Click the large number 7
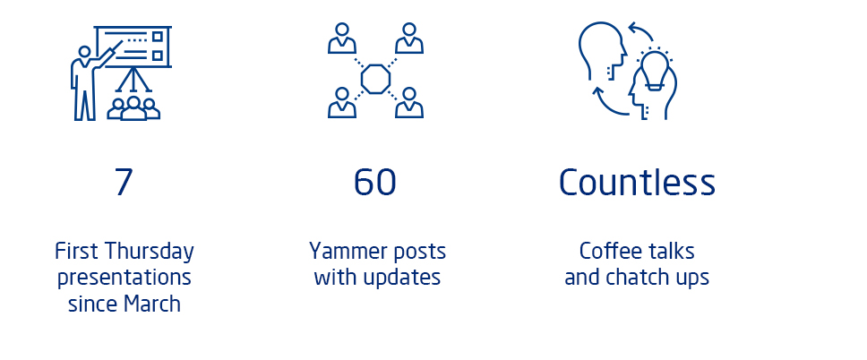coord(124,182)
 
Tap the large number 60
coord(375,183)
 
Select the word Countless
coord(637,182)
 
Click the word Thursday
coord(150,253)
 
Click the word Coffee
coord(605,251)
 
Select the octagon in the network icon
coord(375,79)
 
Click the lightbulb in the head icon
coord(655,70)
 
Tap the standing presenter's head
coord(84,52)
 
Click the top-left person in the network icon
coord(342,39)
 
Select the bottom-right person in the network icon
coord(409,103)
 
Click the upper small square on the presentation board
coord(158,37)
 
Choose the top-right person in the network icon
coord(409,39)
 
